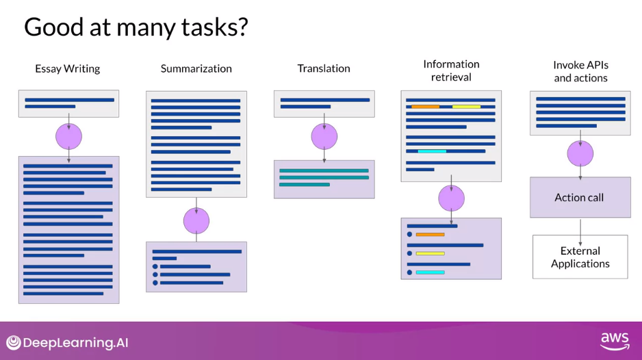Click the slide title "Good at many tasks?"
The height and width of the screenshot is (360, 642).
pyautogui.click(x=136, y=27)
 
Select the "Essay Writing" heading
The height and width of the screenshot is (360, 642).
pyautogui.click(x=68, y=68)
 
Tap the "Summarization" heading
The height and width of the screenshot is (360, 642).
pyautogui.click(x=196, y=68)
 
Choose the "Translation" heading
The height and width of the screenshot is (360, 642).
pyautogui.click(x=324, y=68)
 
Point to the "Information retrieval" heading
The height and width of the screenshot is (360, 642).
pyautogui.click(x=451, y=70)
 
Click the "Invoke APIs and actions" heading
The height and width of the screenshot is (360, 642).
pyautogui.click(x=580, y=71)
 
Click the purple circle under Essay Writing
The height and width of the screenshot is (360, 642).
pyautogui.click(x=68, y=137)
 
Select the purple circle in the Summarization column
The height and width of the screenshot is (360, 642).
pyautogui.click(x=196, y=220)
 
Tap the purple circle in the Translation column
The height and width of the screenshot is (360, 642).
pyautogui.click(x=324, y=137)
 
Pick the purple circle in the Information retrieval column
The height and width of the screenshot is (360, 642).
pyautogui.click(x=451, y=198)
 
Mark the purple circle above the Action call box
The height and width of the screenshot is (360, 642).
pyautogui.click(x=580, y=153)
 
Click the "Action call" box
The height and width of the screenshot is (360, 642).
pyautogui.click(x=580, y=198)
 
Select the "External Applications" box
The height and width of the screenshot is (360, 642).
pyautogui.click(x=580, y=257)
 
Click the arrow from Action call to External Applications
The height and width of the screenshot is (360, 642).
pyautogui.click(x=580, y=227)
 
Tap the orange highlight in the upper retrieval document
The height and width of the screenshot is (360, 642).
pyautogui.click(x=425, y=107)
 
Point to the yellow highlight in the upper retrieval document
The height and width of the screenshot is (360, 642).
pyautogui.click(x=466, y=107)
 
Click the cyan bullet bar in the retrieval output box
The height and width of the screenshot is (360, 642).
pyautogui.click(x=430, y=272)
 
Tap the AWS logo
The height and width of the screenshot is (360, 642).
pyautogui.click(x=614, y=341)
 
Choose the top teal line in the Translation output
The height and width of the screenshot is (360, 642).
pyautogui.click(x=324, y=170)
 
